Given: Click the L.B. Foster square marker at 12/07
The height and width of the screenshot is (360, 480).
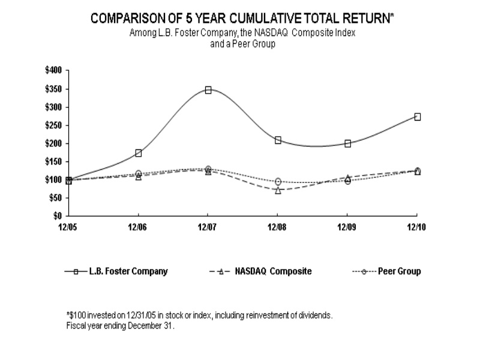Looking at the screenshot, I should pos(208,90).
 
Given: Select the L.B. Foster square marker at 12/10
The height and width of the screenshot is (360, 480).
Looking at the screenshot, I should pos(417,116).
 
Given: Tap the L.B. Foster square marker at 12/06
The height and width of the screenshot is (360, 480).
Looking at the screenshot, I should pos(139,153).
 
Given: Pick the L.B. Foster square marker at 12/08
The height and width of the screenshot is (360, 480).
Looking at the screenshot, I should pos(278,140).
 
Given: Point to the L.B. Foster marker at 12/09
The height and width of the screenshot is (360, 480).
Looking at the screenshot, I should pos(347,143).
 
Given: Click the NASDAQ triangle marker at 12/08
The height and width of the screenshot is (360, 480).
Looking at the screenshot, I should pos(278,190).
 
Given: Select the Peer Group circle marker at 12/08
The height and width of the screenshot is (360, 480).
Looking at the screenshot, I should pos(278,181).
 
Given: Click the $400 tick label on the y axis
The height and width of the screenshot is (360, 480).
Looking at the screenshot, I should pos(53,71).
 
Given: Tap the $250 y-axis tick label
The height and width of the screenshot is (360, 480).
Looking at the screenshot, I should pos(53,125).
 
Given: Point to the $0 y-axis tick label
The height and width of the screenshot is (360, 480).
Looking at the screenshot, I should pos(58,215).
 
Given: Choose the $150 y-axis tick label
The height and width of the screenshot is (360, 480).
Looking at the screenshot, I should pos(53,161).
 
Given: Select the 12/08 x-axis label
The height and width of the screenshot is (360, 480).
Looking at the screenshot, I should pos(278,227).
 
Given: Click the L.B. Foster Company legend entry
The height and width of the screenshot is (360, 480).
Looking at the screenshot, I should pos(128,271).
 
